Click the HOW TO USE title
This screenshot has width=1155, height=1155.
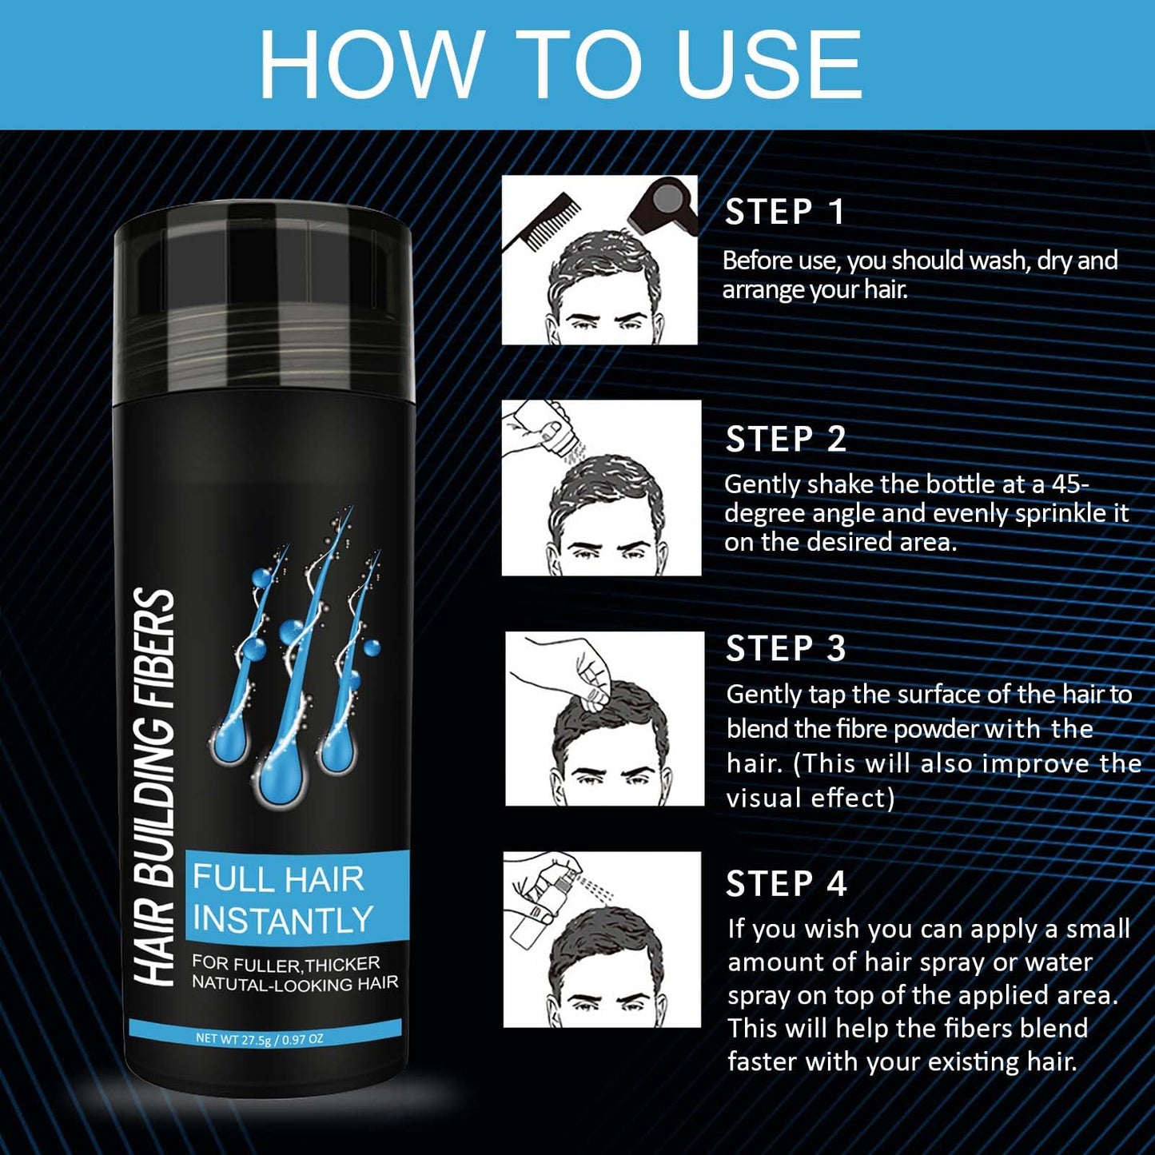coord(560,64)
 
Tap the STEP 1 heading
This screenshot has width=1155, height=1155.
coord(783,213)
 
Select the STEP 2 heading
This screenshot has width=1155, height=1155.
coord(785,440)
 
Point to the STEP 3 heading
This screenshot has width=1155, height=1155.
coord(785,649)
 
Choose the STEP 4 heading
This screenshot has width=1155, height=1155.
coord(785,884)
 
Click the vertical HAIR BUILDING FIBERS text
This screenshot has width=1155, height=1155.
coord(153,787)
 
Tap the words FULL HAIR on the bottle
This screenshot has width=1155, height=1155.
coord(278,879)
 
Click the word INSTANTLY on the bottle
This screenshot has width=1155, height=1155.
coord(282,920)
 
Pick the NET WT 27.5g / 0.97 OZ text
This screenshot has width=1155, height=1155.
coord(259,1039)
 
